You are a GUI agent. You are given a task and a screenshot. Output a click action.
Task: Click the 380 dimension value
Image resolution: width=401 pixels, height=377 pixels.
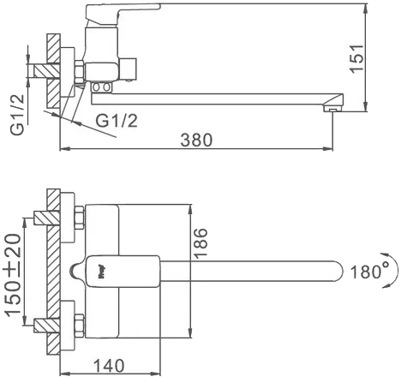197,141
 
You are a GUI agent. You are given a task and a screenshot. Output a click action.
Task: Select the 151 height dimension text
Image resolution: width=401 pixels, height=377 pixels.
357,59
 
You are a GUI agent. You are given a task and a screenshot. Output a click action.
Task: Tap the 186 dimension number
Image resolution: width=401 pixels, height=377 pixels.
200,243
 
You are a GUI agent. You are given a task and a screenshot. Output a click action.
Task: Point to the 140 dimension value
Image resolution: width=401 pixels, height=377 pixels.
109,366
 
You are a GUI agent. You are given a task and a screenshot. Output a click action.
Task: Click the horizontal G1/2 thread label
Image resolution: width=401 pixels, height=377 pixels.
117,121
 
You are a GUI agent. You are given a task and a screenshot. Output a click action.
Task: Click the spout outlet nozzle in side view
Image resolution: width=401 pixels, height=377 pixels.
332,109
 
